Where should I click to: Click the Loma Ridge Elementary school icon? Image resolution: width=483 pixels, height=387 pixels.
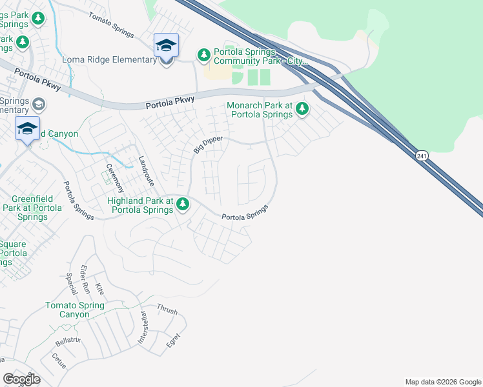coord(166,46)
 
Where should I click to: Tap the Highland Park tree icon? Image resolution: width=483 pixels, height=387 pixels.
coord(183,204)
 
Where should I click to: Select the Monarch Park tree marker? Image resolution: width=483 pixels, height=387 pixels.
coord(302,110)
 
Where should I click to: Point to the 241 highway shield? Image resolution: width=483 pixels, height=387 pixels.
coord(421,155)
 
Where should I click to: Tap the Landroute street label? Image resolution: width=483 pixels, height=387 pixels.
coord(147,168)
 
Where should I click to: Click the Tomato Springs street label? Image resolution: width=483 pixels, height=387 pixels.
coord(110,25)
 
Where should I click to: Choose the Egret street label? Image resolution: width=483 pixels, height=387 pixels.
coord(172,340)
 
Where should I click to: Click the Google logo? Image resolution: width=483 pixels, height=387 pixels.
coord(22,379)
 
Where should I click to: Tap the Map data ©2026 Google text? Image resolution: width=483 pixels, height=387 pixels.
coord(442,382)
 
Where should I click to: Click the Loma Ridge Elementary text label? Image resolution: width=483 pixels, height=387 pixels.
coord(109,60)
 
